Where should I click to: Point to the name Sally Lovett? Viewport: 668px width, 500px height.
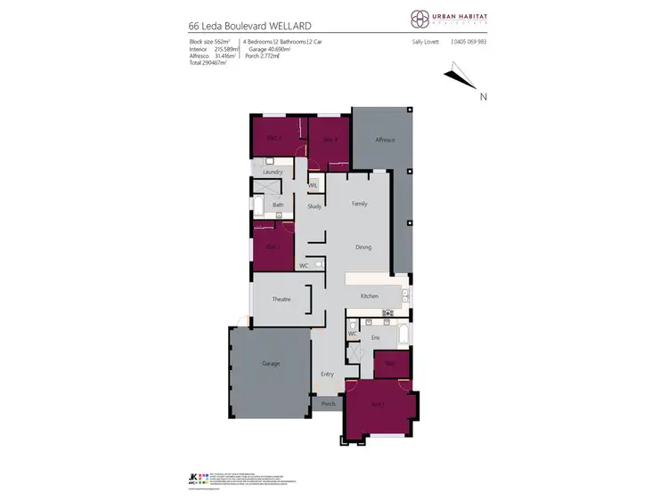(x=427, y=42)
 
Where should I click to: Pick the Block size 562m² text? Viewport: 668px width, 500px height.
(x=210, y=42)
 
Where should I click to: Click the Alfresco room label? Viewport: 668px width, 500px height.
(x=384, y=141)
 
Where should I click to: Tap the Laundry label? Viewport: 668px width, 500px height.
(x=273, y=172)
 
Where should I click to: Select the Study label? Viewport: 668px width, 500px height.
(x=314, y=206)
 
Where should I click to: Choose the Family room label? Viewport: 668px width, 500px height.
(x=359, y=204)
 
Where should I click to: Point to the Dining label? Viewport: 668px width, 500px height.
(x=363, y=247)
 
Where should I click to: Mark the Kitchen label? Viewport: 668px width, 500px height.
(x=370, y=295)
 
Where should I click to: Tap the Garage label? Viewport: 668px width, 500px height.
(x=271, y=364)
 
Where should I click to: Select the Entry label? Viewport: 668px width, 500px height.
(x=327, y=374)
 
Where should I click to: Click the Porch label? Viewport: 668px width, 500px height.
(x=328, y=404)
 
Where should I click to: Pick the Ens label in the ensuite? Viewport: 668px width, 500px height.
(x=376, y=339)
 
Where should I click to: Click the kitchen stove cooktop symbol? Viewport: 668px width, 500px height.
(x=387, y=313)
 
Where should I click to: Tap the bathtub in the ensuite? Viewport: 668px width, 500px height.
(x=403, y=338)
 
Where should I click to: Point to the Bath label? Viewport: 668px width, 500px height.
(x=278, y=206)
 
